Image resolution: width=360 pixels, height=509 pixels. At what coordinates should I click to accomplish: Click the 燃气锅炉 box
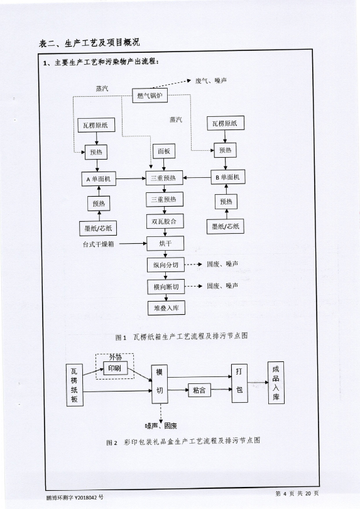point(150,96)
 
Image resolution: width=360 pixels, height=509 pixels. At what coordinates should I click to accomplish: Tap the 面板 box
point(164,151)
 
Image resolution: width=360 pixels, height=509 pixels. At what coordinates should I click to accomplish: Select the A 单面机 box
point(99,179)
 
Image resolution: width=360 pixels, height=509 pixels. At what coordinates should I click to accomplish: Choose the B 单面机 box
point(227,177)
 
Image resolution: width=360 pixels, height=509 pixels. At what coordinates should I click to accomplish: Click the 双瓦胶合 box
point(164,221)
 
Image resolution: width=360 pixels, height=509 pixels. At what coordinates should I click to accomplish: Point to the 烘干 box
point(165,243)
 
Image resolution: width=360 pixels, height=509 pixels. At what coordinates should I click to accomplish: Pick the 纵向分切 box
point(166,265)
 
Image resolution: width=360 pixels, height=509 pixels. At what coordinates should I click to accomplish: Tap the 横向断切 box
point(166,287)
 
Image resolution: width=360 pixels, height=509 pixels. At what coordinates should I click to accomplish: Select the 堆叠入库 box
point(166,308)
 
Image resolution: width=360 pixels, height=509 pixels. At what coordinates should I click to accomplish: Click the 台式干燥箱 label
point(99,244)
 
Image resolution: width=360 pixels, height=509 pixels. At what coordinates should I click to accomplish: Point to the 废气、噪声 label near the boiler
point(211,80)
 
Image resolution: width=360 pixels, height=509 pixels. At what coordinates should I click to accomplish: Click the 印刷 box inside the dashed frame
point(115,368)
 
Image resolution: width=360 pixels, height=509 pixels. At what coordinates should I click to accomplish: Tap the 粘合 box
point(199,390)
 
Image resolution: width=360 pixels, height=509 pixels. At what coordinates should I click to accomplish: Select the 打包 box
point(239,383)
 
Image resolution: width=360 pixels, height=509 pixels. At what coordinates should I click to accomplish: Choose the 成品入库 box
point(276,383)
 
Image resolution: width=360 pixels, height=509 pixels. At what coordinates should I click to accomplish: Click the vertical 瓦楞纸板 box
point(75,385)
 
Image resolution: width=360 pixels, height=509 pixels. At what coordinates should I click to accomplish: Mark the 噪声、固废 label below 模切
point(161,425)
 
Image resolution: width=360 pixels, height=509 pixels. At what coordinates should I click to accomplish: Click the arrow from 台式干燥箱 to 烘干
point(133,243)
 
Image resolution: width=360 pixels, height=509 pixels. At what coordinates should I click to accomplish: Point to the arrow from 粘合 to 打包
point(221,389)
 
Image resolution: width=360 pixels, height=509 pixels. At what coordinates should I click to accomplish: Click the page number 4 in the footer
point(285,494)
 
